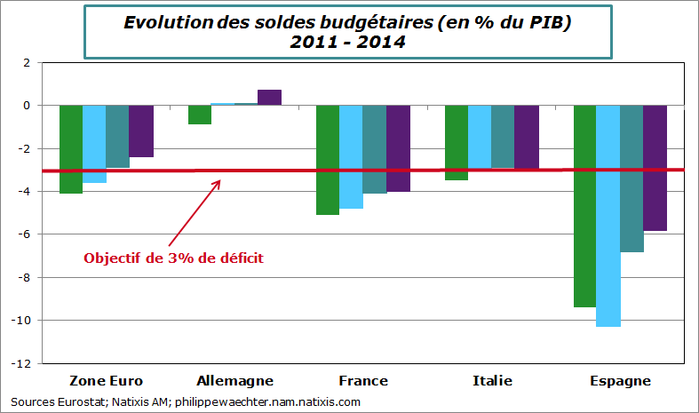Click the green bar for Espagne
coord(584,206)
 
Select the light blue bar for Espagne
coord(608,216)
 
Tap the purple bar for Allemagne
coord(269,98)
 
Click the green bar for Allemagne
coord(200,115)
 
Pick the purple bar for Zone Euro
coord(141,131)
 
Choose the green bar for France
coord(328,160)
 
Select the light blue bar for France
coord(351,156)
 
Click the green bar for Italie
coord(456,142)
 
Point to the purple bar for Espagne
coord(655,168)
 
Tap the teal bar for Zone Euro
coord(118,136)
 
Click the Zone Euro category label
coord(106,381)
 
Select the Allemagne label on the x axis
coord(234,381)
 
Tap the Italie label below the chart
coord(491,381)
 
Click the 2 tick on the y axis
coord(27,63)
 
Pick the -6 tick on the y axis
coord(24,234)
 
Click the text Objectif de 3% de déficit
coord(173,258)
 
